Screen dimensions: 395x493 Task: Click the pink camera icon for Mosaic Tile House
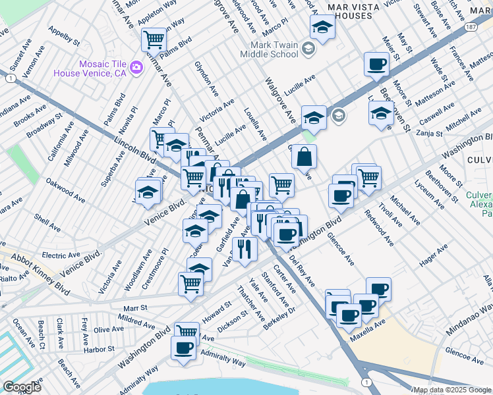(x=136, y=66)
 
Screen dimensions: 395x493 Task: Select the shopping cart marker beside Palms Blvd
(x=154, y=39)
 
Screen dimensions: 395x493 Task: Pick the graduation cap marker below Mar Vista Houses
(x=322, y=27)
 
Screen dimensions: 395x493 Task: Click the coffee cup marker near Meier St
(x=376, y=65)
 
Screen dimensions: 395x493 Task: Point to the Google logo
(x=22, y=387)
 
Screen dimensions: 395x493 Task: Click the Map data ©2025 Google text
(x=451, y=390)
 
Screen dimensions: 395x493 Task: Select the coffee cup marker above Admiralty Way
(x=184, y=347)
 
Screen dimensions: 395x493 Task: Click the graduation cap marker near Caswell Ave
(x=380, y=113)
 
